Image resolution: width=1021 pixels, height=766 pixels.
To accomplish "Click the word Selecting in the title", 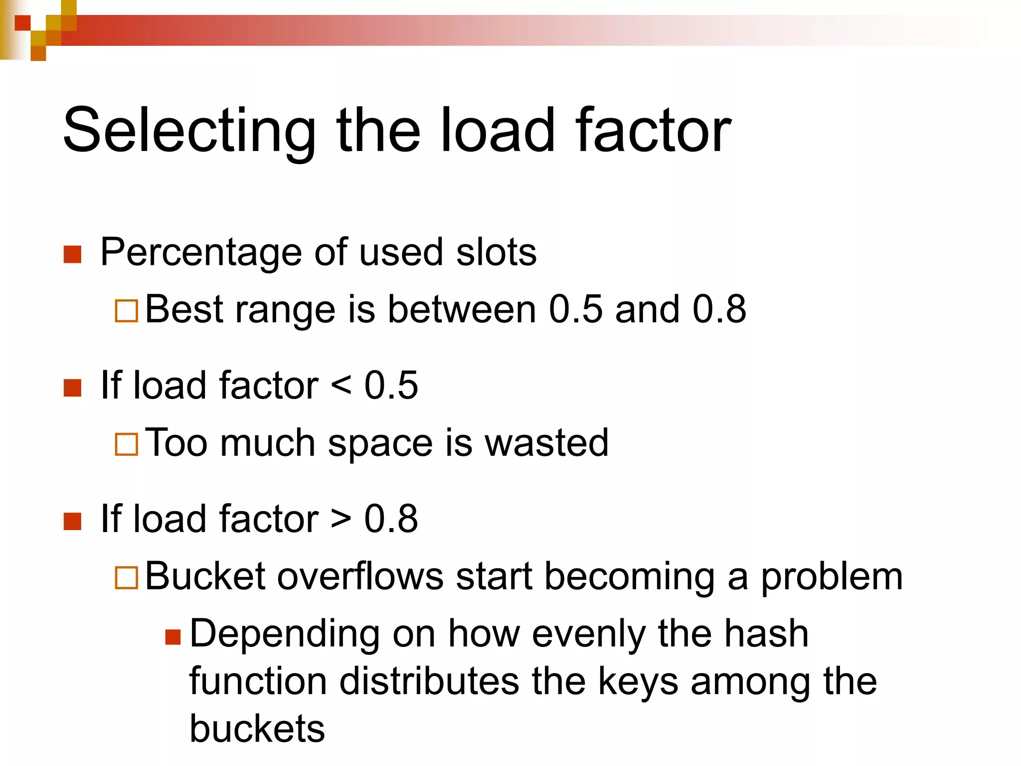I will pyautogui.click(x=189, y=131).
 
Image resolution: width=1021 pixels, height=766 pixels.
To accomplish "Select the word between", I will pyautogui.click(x=462, y=309).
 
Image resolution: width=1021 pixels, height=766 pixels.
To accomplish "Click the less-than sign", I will pyautogui.click(x=341, y=385).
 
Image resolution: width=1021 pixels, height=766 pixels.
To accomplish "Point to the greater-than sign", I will pyautogui.click(x=341, y=519).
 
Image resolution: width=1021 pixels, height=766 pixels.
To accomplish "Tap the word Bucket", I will pyautogui.click(x=205, y=576).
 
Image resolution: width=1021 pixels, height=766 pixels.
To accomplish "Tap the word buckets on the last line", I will pyautogui.click(x=257, y=729).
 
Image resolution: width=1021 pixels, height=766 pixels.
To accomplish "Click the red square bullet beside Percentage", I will pyautogui.click(x=73, y=254).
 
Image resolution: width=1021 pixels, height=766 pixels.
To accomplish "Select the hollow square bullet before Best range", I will pyautogui.click(x=126, y=311).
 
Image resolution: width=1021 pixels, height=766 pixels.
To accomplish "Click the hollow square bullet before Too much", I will pyautogui.click(x=126, y=444).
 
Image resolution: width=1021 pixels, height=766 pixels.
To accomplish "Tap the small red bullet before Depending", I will pyautogui.click(x=172, y=637).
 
